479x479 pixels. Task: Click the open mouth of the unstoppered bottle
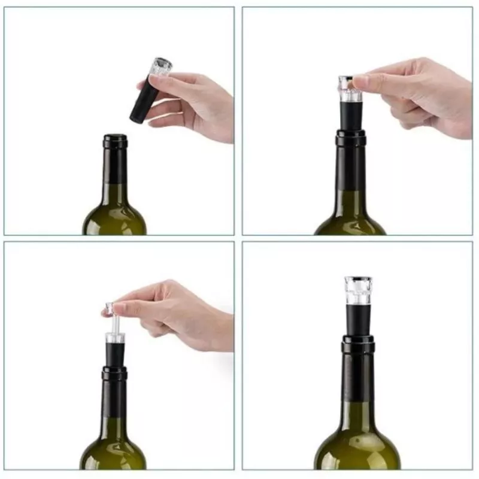coord(115,137)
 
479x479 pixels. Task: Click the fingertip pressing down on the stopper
coord(360,81)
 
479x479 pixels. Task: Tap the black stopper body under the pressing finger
coord(350,114)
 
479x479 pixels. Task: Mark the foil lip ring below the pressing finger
coord(351,138)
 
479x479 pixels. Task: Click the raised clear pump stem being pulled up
coord(114,326)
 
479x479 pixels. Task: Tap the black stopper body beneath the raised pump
coord(114,353)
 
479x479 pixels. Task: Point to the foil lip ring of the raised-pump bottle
coord(114,374)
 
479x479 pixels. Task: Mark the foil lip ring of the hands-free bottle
coord(358,344)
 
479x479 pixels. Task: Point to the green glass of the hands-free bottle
coord(358,449)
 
